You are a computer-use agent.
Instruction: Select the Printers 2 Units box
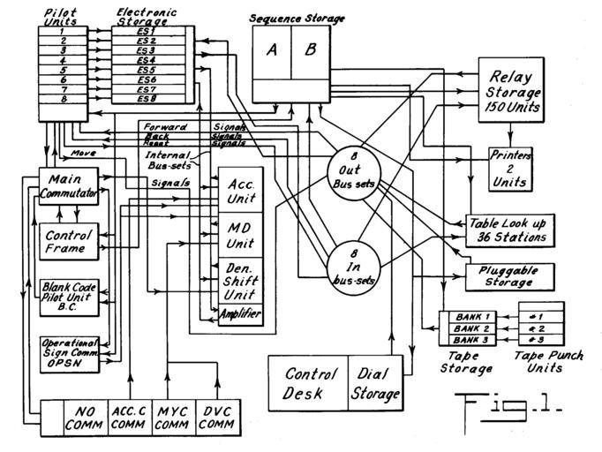[x=511, y=169]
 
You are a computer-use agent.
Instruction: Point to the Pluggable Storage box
[x=508, y=277]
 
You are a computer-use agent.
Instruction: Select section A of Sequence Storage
[x=273, y=50]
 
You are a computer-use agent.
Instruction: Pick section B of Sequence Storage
[x=310, y=50]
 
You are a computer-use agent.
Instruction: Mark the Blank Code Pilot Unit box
[x=68, y=298]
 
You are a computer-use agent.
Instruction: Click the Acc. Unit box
[x=240, y=189]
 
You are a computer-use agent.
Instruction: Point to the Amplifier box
[x=240, y=313]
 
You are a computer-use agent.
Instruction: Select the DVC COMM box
[x=218, y=416]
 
